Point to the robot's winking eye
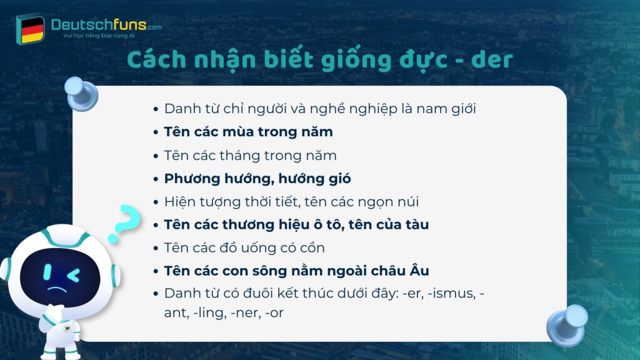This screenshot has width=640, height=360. (x=73, y=274)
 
